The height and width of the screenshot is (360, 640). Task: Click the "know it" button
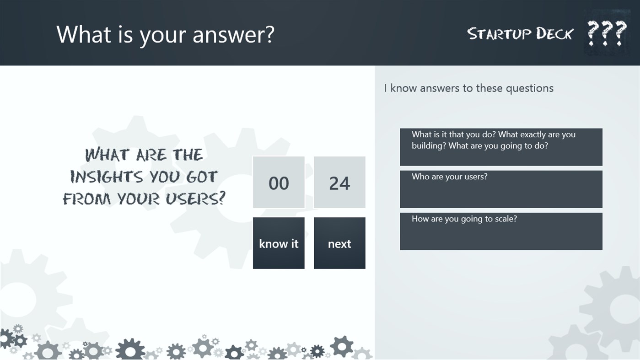point(279,243)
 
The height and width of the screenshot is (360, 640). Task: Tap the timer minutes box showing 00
point(279,183)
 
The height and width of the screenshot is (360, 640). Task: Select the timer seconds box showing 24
point(339,183)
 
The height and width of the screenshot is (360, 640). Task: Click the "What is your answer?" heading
point(165,34)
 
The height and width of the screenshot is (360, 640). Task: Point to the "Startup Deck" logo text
point(520,33)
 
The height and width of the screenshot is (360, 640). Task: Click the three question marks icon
point(607,32)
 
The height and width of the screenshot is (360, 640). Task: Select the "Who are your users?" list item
point(501,189)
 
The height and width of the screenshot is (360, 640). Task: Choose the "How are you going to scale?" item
point(501,231)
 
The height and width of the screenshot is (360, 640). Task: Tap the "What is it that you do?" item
point(501,146)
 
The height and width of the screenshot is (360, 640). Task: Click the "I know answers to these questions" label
point(469,88)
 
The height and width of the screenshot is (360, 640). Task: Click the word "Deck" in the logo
point(554,33)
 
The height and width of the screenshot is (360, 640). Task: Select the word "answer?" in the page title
point(233,34)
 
